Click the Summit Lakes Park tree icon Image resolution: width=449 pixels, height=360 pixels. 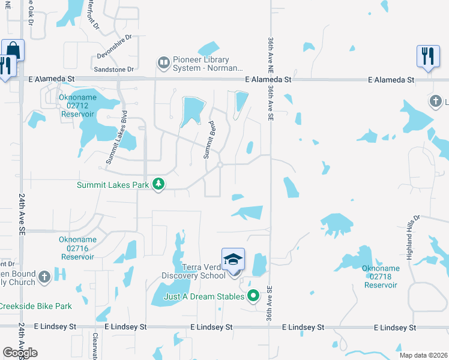click(158, 184)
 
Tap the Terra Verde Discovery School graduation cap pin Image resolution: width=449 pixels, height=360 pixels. click(233, 260)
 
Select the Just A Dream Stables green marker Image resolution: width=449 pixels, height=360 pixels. click(254, 296)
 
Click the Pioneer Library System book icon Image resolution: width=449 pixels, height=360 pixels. click(163, 62)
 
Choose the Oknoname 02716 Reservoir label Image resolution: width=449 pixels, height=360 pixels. click(77, 248)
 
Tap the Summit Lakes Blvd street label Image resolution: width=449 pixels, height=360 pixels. click(117, 137)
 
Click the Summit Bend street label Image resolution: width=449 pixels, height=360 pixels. click(209, 140)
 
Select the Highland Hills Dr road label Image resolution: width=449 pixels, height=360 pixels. click(420, 238)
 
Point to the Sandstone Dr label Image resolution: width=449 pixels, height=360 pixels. click(115, 70)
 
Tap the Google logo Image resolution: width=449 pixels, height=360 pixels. click(20, 352)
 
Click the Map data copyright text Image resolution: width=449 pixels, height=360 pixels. click(423, 355)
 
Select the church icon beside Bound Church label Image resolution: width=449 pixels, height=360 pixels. click(44, 277)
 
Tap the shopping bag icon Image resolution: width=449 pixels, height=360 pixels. click(13, 50)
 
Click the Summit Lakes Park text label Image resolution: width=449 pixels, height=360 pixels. click(112, 185)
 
